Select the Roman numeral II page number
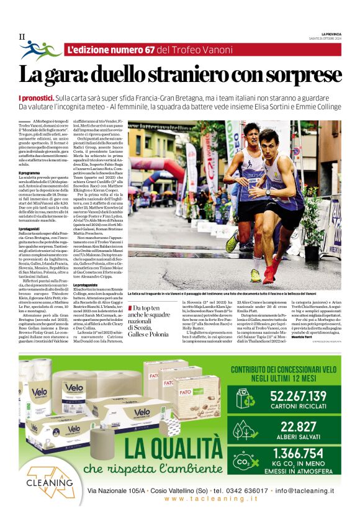(x=22, y=37)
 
